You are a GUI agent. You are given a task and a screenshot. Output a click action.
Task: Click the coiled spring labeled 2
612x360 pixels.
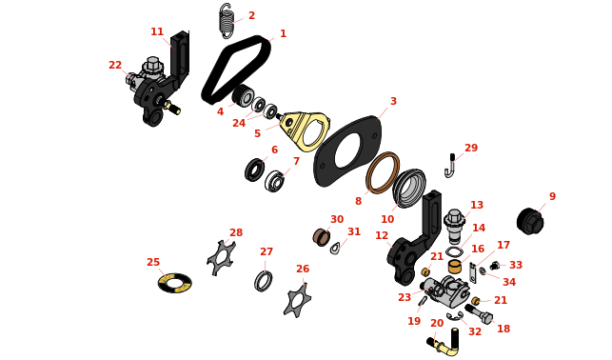[x=227, y=21]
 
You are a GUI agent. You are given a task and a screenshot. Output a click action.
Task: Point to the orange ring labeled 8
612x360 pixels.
[x=383, y=172]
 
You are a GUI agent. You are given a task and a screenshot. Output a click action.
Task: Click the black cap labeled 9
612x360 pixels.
[x=530, y=221]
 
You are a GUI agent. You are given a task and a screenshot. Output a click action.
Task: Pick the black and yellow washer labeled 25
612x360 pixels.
[x=175, y=283]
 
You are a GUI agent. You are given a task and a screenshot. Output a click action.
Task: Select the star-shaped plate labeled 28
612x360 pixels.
[x=222, y=258]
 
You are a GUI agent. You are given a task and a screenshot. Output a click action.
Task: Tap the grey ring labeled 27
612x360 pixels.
[x=264, y=281]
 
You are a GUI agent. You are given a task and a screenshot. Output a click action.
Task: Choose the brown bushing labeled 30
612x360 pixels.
[x=321, y=237]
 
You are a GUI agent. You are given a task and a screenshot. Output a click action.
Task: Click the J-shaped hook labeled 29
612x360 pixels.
[x=450, y=166]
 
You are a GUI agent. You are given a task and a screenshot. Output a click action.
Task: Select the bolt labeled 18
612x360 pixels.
[x=479, y=313]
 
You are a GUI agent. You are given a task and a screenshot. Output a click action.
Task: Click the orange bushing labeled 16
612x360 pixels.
[x=455, y=267]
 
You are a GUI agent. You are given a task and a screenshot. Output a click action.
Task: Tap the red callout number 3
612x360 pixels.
[x=393, y=101]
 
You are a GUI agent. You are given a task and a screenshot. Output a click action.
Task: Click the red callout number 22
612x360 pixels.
[x=115, y=65]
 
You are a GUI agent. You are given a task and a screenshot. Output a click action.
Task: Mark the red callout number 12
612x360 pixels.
[x=382, y=235]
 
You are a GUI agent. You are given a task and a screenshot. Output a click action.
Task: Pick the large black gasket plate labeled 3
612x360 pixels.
[x=347, y=151]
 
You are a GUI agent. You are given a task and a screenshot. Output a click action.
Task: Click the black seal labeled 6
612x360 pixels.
[x=254, y=170]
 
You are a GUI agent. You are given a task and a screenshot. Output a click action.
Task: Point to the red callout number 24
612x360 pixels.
[x=239, y=123]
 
